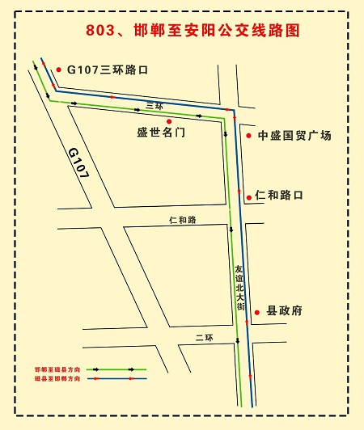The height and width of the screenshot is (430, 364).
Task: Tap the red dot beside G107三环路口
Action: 59,70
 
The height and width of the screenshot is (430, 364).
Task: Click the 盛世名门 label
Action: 161,133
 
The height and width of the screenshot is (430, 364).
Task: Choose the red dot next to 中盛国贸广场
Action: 248,135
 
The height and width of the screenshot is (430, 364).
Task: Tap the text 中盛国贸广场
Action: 294,136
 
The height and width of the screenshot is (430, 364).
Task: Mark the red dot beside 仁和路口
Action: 248,196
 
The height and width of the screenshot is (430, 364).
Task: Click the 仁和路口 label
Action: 278,196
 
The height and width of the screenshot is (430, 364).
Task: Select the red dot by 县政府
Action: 257,311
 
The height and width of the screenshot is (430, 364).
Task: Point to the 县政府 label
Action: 285,311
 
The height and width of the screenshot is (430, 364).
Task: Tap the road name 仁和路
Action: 183,220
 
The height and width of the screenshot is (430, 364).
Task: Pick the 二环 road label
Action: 203,336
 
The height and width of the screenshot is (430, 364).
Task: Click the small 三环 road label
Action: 154,106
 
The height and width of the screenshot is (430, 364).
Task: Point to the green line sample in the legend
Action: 115,369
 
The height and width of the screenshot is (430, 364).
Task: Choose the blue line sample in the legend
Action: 115,377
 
